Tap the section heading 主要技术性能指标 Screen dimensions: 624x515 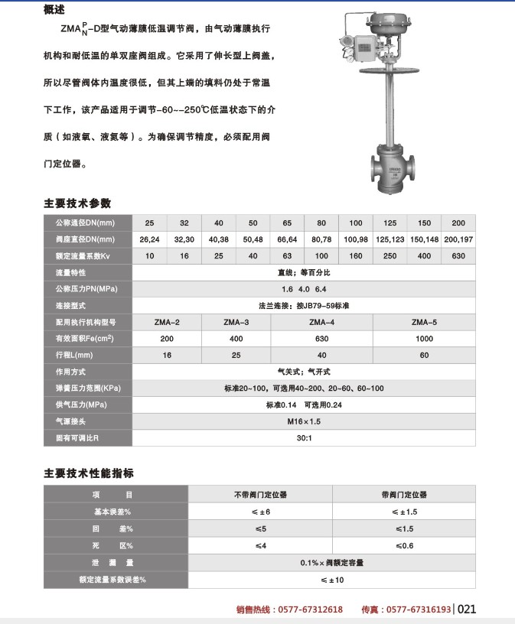pyautogui.click(x=89, y=473)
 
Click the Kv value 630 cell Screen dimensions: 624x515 pyautogui.click(x=458, y=255)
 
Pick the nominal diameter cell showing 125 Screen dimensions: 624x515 pyautogui.click(x=390, y=223)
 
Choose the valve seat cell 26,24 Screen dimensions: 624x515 pyautogui.click(x=150, y=239)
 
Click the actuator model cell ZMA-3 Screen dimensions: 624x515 pyautogui.click(x=236, y=322)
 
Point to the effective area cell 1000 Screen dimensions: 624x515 pyautogui.click(x=423, y=338)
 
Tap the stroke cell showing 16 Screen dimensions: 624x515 pyautogui.click(x=168, y=355)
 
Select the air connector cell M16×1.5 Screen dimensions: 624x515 pyautogui.click(x=304, y=421)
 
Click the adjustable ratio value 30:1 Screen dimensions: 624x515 pyautogui.click(x=304, y=438)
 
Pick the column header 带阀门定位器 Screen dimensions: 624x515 pyautogui.click(x=404, y=495)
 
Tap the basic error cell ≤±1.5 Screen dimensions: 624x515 pyautogui.click(x=404, y=512)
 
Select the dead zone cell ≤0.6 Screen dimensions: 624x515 pyautogui.click(x=404, y=545)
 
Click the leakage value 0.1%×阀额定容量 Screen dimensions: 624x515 pyautogui.click(x=332, y=563)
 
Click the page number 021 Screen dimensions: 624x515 pyautogui.click(x=467, y=609)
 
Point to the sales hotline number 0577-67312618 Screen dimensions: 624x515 pyautogui.click(x=310, y=609)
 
